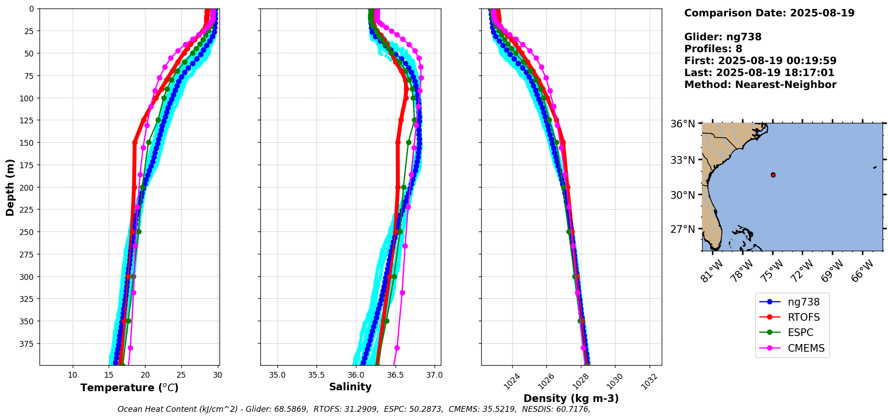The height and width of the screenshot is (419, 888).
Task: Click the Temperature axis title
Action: pos(129,388)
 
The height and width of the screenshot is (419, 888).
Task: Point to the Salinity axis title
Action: pos(350,387)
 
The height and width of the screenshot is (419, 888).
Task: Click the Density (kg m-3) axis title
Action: pos(571,398)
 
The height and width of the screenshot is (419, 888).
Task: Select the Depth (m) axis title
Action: pos(10,187)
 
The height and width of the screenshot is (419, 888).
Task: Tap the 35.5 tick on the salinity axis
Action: pos(317,375)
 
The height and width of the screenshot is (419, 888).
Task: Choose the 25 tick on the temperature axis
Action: pos(181,375)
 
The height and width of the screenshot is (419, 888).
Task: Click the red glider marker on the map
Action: pos(773,175)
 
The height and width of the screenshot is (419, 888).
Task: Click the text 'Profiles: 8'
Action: pos(713,49)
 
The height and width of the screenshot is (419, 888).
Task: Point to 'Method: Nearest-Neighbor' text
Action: pos(760,85)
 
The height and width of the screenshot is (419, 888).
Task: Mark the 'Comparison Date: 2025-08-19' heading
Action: pos(769,13)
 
